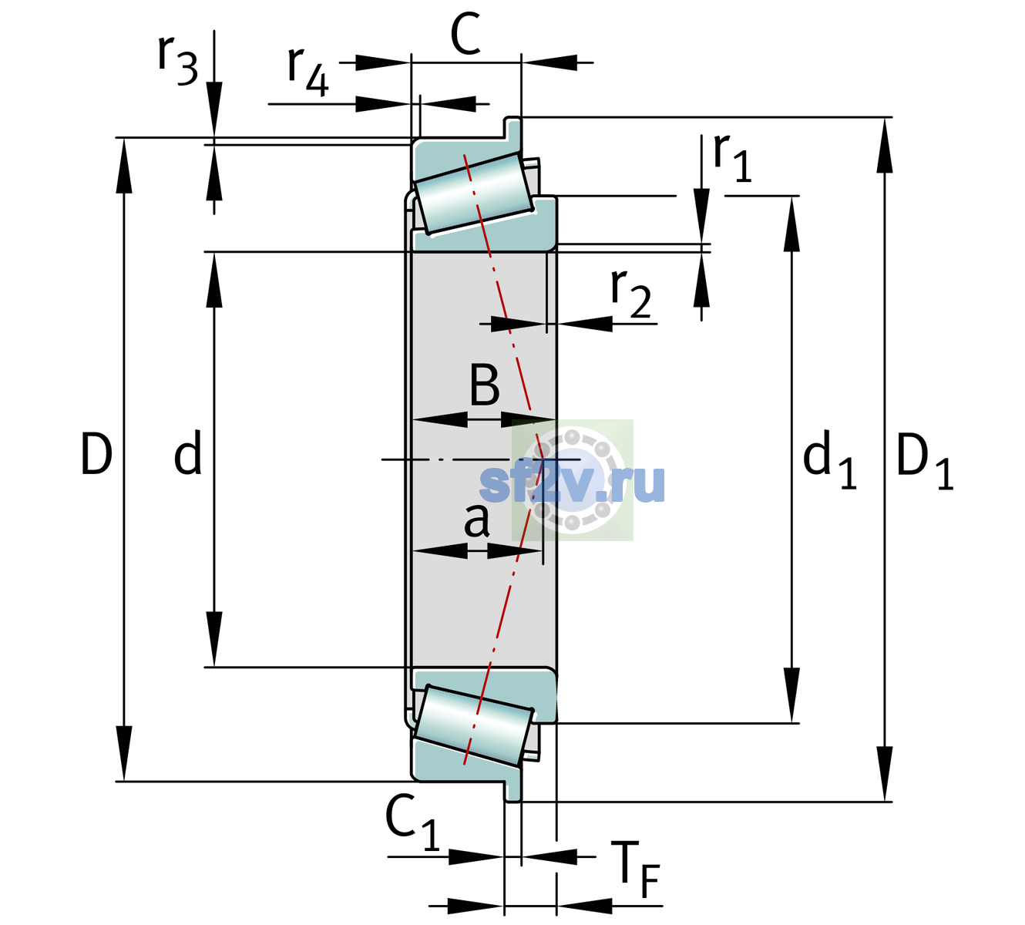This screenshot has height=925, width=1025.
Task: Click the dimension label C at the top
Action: (465, 35)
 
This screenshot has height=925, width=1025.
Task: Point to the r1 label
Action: (732, 157)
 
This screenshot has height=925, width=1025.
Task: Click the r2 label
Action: (631, 292)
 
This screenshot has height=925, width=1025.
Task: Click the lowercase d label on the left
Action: (188, 452)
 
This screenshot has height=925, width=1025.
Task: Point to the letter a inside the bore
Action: (476, 520)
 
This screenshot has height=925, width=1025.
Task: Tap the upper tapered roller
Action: (474, 193)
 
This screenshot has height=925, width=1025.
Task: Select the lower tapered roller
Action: (474, 725)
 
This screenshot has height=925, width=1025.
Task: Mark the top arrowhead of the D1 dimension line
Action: (885, 146)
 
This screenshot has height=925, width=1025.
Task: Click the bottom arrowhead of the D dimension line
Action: (123, 753)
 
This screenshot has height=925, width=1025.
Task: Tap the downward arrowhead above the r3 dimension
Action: (214, 109)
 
